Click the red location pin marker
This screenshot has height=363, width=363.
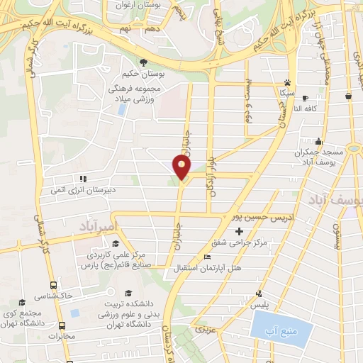click(182, 167)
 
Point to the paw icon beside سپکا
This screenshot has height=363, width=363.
click(286, 82)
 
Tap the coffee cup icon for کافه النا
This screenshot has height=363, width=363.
click(304, 98)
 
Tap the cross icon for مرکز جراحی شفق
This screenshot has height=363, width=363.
click(239, 232)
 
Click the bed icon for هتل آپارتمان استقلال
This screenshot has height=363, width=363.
click(207, 257)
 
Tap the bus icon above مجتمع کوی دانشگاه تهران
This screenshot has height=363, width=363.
click(23, 301)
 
